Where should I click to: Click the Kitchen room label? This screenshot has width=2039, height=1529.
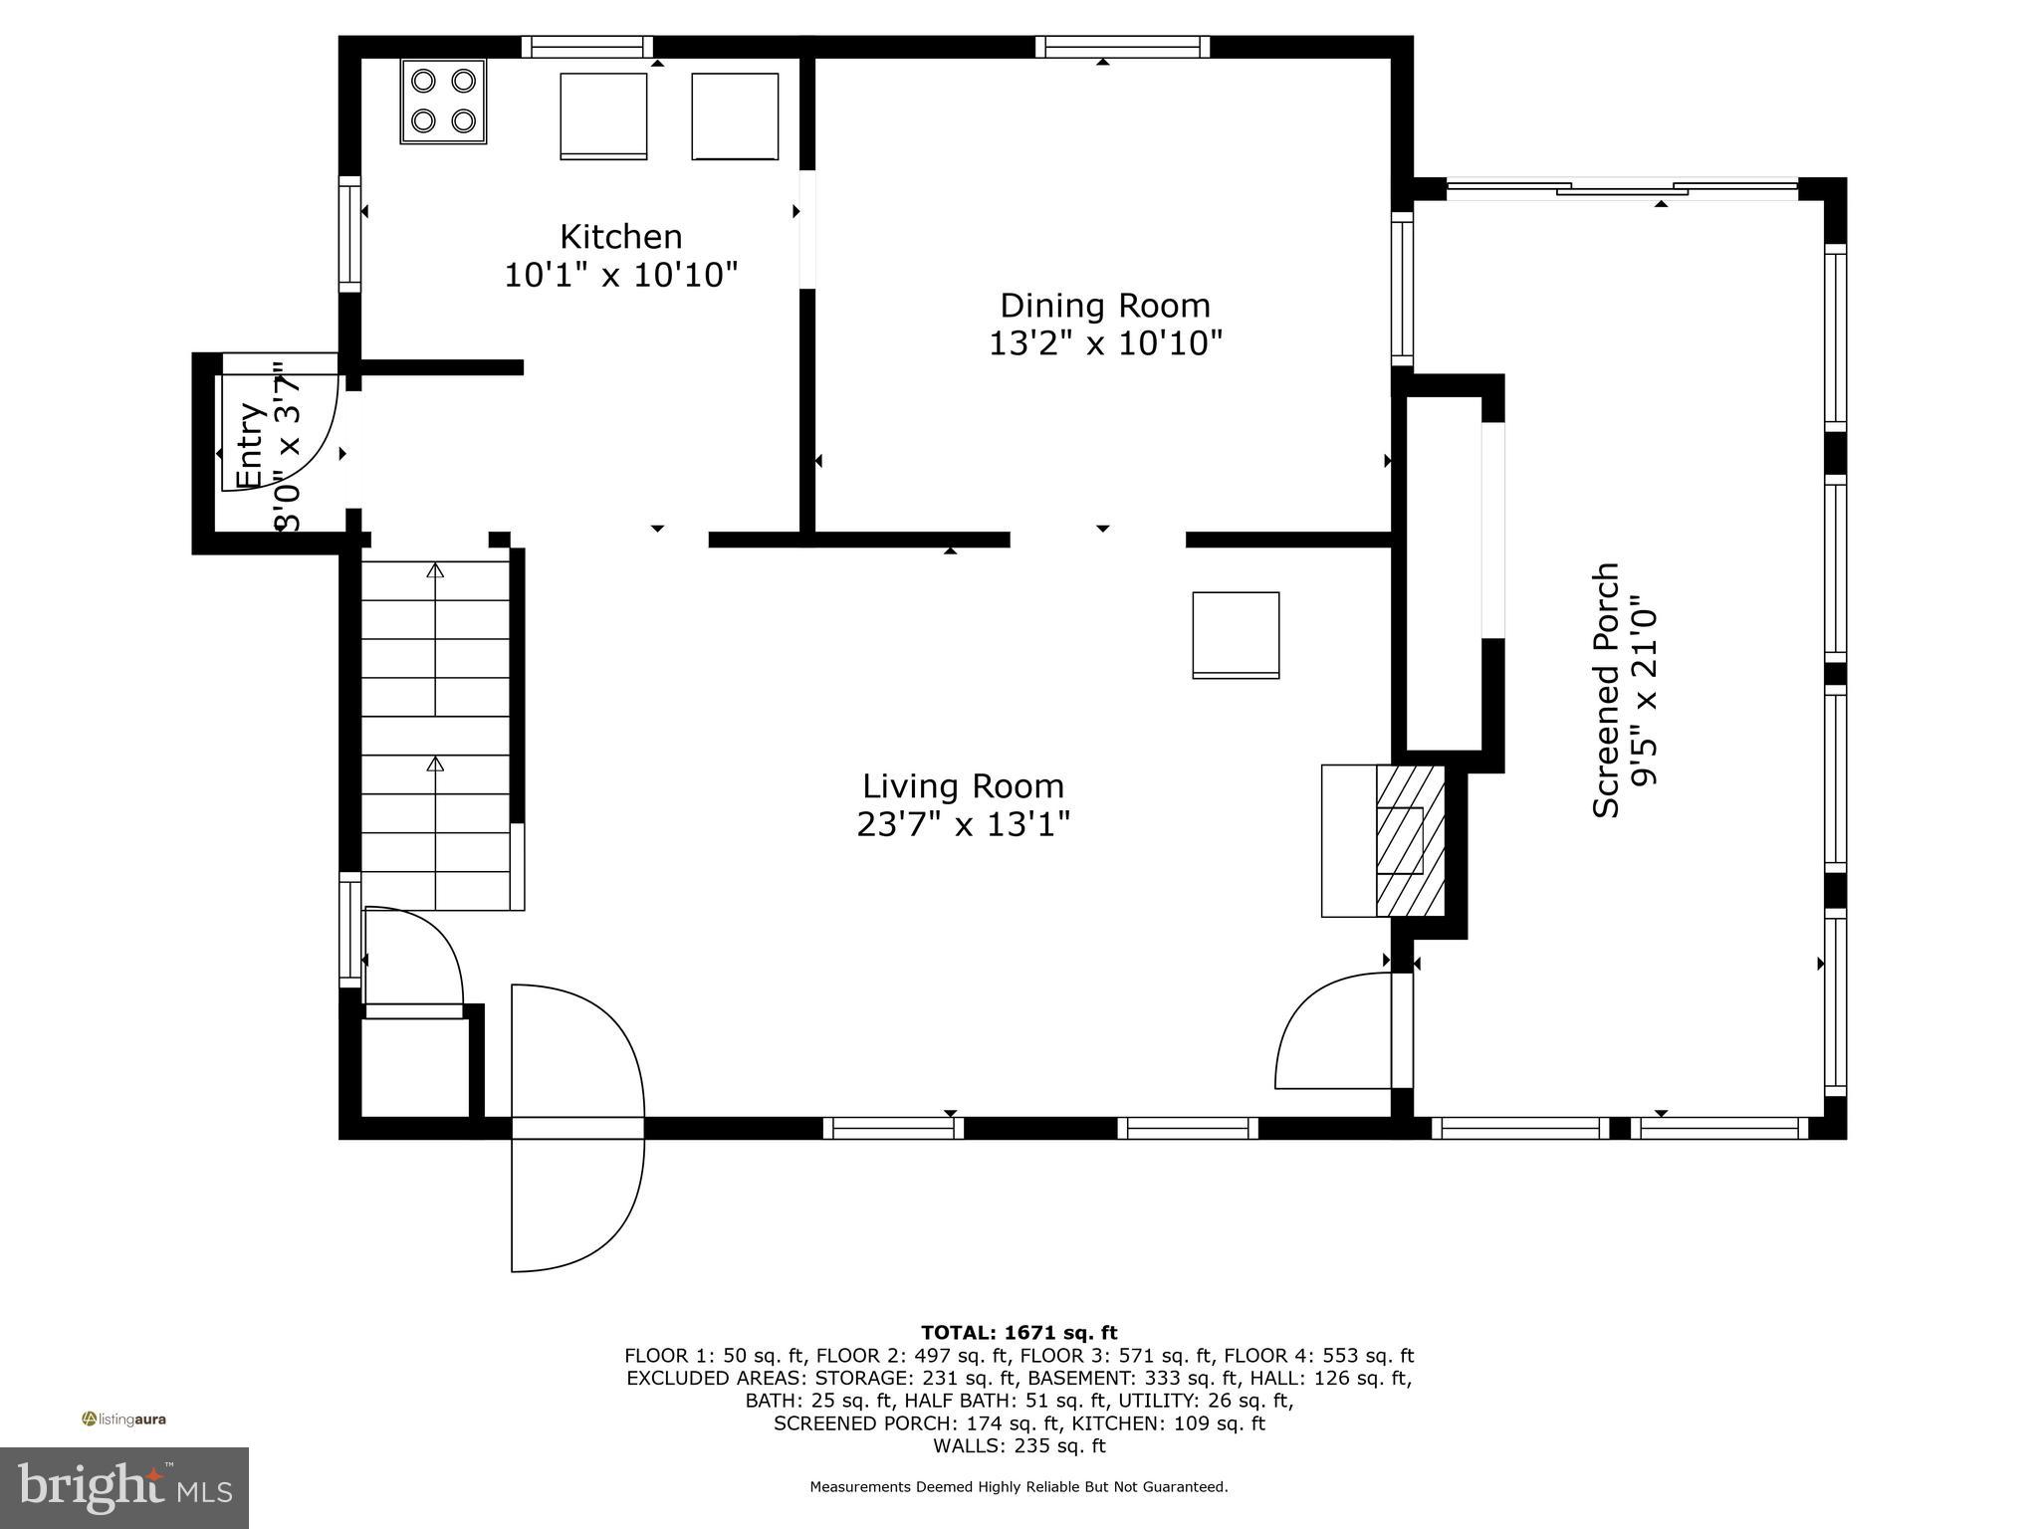(620, 237)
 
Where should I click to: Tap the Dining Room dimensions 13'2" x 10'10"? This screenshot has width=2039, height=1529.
(1104, 343)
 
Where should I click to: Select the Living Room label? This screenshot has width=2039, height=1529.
(963, 786)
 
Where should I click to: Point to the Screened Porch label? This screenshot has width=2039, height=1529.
(1606, 691)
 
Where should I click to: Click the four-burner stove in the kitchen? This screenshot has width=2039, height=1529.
(443, 102)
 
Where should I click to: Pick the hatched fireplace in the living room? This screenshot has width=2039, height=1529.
(1409, 840)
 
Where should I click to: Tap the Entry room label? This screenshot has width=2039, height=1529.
(249, 445)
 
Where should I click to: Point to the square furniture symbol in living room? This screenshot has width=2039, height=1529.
(1236, 635)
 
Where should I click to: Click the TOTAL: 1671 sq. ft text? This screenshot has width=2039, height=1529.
(1019, 1333)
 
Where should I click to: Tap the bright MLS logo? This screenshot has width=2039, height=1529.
(124, 1487)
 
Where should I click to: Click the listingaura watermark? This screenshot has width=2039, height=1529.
(124, 1420)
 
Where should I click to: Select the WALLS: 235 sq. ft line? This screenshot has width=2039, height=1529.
(1019, 1446)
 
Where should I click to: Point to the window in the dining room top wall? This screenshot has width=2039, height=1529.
(1122, 47)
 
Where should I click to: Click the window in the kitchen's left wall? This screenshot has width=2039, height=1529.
(349, 235)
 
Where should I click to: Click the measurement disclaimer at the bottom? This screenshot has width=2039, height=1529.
(1019, 1487)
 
